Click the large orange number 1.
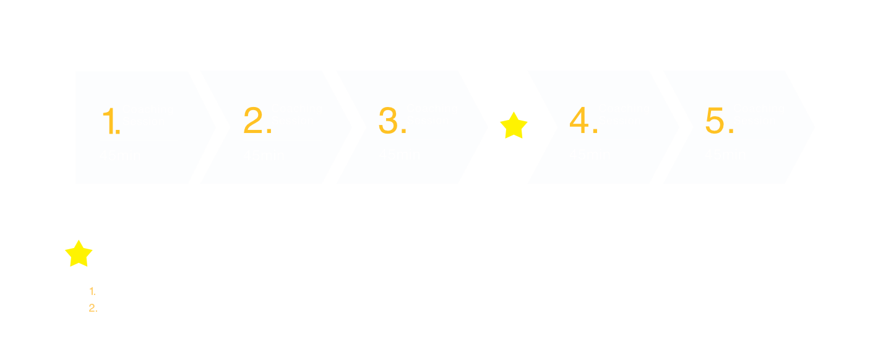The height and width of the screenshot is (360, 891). click(110, 121)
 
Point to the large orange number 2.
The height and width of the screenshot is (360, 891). click(256, 121)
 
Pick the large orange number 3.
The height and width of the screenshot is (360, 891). click(391, 121)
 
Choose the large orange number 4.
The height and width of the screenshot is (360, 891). click(582, 121)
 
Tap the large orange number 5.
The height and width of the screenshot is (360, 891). click(718, 121)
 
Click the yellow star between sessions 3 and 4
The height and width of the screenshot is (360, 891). click(513, 126)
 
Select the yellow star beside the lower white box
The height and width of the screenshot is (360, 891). click(79, 254)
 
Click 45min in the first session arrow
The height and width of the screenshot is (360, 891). click(120, 156)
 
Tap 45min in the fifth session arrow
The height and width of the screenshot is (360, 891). click(725, 155)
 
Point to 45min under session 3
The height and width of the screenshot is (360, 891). click(400, 155)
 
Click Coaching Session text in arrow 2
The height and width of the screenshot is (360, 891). click(296, 114)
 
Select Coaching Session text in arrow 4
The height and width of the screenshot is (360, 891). click(624, 114)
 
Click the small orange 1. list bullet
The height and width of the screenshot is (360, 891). click(92, 292)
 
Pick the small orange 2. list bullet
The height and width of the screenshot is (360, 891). click(93, 308)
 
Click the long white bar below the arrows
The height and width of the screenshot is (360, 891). click(445, 218)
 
